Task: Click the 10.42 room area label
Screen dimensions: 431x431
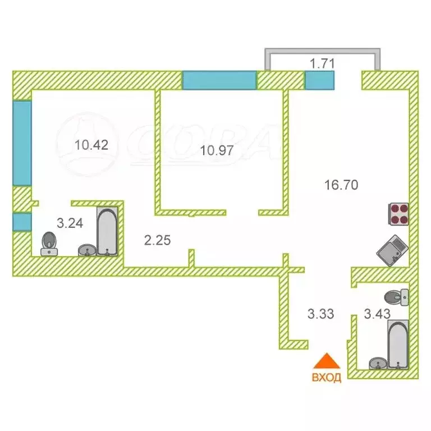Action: pos(91,145)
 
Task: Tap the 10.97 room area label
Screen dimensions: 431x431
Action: pos(217,150)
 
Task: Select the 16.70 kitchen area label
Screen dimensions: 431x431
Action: pos(341,185)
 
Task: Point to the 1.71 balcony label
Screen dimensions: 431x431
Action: pos(322,64)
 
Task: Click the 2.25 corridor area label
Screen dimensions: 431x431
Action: pos(158,240)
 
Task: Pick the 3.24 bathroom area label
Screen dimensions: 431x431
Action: pos(70,223)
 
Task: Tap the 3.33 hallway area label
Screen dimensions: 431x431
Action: pos(321,314)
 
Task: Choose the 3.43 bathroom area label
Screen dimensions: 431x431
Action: pos(377,314)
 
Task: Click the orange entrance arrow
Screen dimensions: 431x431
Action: pos(327,361)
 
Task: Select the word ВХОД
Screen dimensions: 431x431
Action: pos(327,377)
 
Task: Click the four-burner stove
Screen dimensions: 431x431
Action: pos(398,214)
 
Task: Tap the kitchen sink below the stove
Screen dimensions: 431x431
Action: pos(392,250)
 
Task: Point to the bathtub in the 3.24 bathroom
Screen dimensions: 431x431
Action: pos(107,232)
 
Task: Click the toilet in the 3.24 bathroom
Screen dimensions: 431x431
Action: pos(49,244)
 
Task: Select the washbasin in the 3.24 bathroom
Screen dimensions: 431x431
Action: pos(87,250)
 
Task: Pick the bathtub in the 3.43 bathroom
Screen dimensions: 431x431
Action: pos(398,344)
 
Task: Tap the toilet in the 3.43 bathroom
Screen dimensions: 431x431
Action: pos(396,297)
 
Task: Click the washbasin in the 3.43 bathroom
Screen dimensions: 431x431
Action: pos(378,363)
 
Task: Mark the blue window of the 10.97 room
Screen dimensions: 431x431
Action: pos(219,80)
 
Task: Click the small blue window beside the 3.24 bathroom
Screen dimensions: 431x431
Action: pos(22,222)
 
